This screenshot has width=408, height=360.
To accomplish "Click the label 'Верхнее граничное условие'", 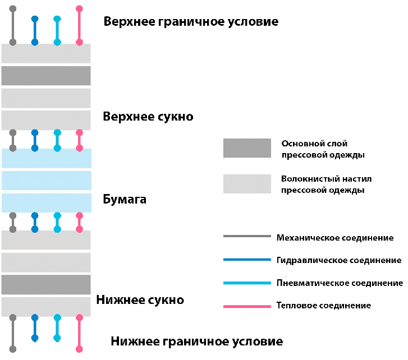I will (191, 22).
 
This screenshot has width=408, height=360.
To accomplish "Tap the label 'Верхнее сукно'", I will (148, 117).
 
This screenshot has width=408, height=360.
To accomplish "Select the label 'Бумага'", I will (125, 199).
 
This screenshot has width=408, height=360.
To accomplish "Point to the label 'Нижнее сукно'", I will (140, 300).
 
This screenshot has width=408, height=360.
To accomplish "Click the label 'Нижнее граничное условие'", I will (196, 341).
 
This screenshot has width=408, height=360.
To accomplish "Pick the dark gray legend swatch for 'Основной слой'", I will (247, 148).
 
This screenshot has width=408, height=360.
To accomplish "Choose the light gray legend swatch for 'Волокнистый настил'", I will (247, 184).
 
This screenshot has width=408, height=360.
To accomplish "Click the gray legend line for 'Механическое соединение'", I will (247, 237).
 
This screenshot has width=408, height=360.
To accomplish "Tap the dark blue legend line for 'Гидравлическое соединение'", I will (247, 260).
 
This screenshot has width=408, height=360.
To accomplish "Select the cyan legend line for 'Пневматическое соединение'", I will (247, 283).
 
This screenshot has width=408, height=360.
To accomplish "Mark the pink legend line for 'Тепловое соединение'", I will (247, 306).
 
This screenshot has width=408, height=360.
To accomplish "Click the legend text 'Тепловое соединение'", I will (324, 306).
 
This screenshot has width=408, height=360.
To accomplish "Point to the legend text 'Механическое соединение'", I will (335, 238).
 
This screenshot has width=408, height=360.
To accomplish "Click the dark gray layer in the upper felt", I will (46, 76).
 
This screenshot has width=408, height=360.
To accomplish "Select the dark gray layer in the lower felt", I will (46, 284).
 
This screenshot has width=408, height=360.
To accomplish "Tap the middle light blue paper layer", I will (46, 181).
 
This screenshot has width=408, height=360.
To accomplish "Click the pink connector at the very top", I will (79, 26).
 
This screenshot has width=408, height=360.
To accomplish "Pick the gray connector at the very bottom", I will (13, 333).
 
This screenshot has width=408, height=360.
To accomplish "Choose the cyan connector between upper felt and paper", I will (57, 140).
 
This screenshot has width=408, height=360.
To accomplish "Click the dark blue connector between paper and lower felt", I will (35, 222).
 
